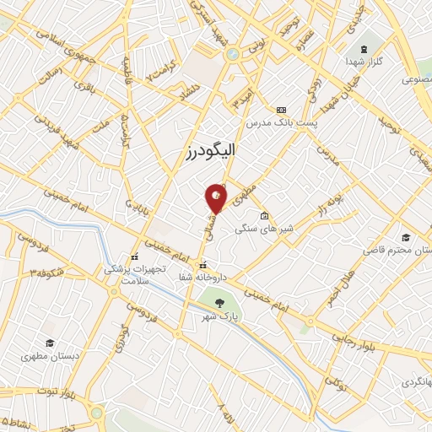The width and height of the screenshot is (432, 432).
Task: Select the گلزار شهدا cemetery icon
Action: [x=364, y=49]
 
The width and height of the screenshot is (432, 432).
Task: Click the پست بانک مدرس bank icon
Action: [x=281, y=110]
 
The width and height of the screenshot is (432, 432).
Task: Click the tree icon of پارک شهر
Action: [x=219, y=301]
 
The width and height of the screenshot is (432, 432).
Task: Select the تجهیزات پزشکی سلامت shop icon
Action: [x=133, y=257]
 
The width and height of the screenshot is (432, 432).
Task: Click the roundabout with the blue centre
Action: [x=230, y=54]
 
